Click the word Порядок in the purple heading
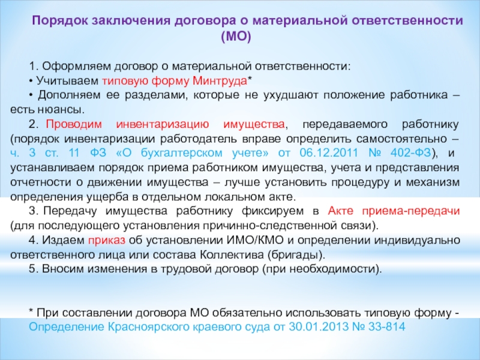pos(59,21)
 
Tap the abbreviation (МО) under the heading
pos(236,37)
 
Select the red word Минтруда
pos(220,81)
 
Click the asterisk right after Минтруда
pos(250,79)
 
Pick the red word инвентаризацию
pos(163,124)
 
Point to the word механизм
pos(433,182)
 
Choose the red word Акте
pos(340,211)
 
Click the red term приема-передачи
pos(411,212)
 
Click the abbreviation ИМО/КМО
pos(255,241)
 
